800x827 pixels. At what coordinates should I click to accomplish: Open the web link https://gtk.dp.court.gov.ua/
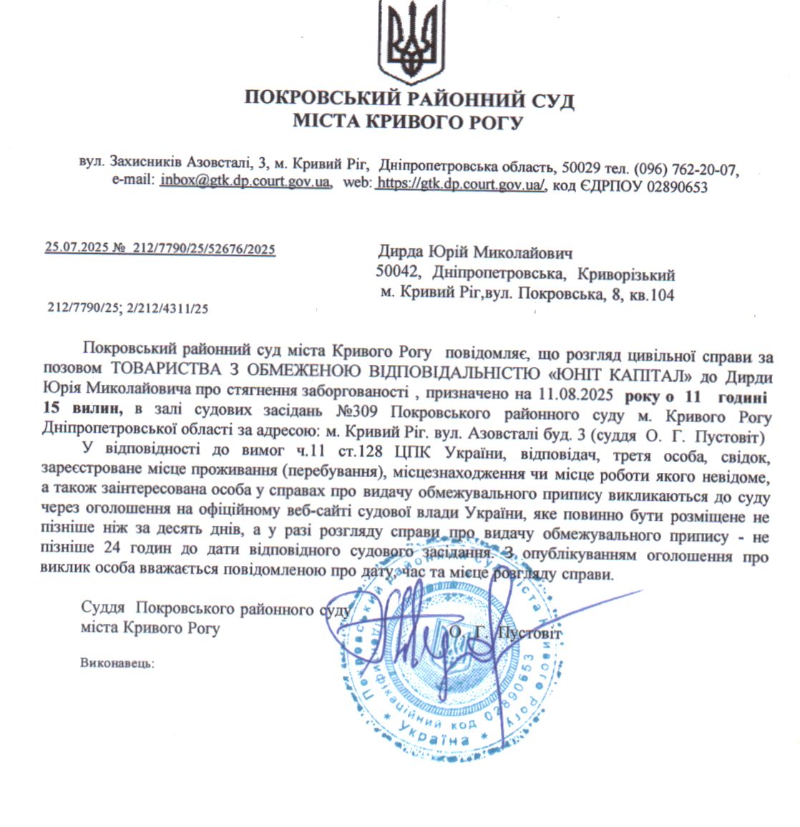click(462, 185)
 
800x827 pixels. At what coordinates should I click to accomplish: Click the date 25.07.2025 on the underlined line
click(72, 249)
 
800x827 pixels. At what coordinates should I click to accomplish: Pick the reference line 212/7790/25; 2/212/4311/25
click(127, 309)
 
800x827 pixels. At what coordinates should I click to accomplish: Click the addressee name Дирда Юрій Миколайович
click(475, 253)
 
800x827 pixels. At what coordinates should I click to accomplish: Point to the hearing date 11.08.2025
click(585, 393)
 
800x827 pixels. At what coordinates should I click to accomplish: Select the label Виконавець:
click(117, 663)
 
